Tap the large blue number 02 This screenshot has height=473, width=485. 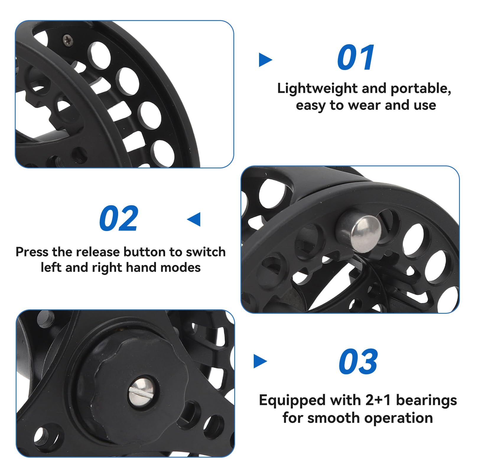point(119,218)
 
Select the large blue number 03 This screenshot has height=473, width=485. point(358,361)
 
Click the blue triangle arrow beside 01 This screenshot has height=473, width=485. point(265,60)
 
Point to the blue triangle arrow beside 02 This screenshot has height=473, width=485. point(194,219)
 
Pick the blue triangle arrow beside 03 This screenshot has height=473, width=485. point(260,361)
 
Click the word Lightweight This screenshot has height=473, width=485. point(317,89)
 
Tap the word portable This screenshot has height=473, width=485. point(421,89)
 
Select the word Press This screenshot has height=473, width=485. point(32,252)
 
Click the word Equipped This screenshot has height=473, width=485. point(292,401)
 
